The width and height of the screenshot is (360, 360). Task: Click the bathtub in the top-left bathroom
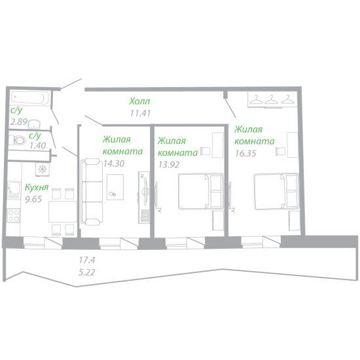30,98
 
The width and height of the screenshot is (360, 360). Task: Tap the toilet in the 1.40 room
18,140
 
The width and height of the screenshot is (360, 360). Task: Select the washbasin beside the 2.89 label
34,124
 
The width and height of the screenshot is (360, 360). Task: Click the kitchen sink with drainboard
14,190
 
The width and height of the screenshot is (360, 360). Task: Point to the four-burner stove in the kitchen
14,215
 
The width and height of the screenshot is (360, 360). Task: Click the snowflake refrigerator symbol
43,170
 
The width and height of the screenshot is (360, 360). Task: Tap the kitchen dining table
62,211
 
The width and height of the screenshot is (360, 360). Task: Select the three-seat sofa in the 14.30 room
92,192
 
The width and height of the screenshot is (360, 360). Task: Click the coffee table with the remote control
115,187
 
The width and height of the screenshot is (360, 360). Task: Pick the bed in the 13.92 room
201,191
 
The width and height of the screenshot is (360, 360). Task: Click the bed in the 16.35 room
276,192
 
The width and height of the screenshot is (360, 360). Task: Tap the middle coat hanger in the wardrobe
271,99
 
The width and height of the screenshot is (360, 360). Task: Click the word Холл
140,101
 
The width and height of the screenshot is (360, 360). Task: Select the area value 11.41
140,113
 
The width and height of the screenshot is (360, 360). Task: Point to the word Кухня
37,187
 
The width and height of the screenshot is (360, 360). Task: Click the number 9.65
33,199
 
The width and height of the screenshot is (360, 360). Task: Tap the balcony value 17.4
87,260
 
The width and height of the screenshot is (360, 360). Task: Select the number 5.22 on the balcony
87,272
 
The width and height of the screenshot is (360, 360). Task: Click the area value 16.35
245,153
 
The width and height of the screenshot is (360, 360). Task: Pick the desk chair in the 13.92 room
206,151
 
